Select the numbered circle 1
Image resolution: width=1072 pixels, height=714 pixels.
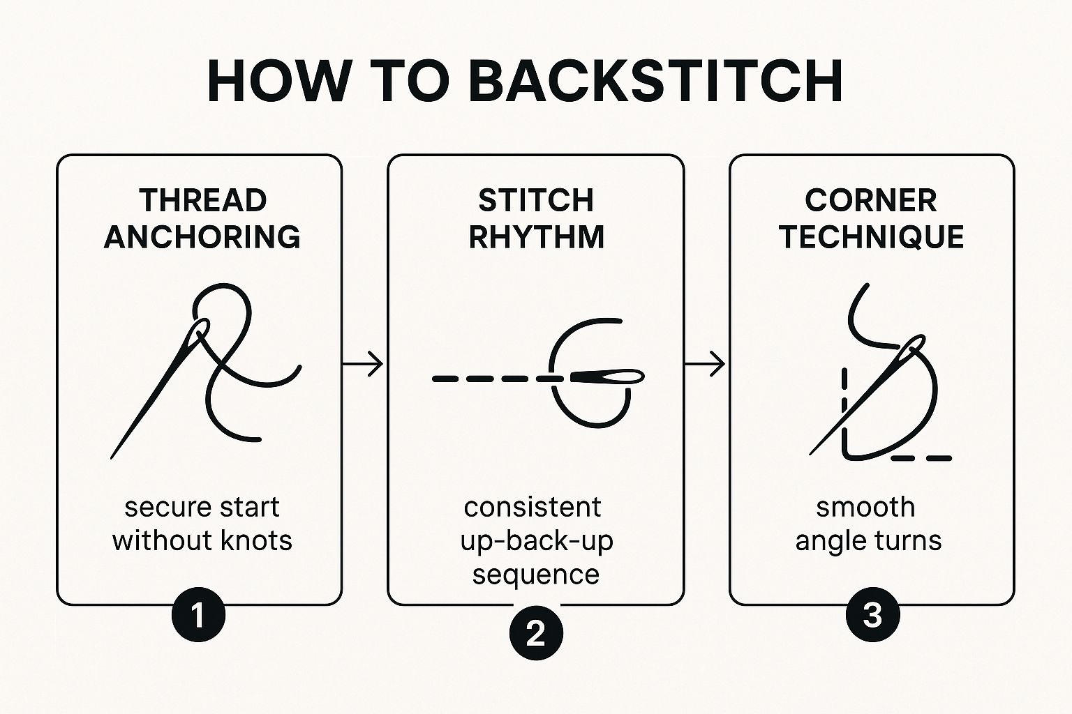point(198,616)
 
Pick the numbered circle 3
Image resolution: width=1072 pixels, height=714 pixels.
point(872,616)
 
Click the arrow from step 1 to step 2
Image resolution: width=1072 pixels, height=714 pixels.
point(363,363)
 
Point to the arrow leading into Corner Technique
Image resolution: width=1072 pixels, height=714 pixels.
point(705,363)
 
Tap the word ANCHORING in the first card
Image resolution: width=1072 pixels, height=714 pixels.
point(202,237)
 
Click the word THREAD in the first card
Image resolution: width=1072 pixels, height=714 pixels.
point(202,201)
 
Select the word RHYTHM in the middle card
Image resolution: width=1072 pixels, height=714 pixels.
point(536,237)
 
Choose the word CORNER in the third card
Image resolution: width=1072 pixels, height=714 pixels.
point(871,201)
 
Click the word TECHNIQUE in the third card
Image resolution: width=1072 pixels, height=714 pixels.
point(871,237)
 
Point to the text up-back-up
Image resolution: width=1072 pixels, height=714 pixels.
point(536,541)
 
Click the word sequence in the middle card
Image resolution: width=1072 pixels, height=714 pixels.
point(536,575)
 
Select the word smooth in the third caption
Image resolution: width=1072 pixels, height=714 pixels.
point(865,507)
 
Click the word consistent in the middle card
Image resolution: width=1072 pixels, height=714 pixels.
point(533,507)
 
